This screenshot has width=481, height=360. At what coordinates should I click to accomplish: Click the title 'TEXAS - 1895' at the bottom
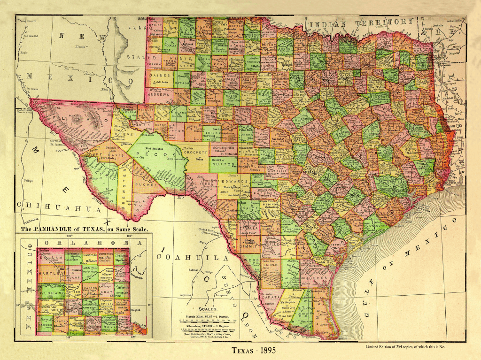coord(258,350)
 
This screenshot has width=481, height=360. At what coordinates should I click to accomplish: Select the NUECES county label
coord(315,278)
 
